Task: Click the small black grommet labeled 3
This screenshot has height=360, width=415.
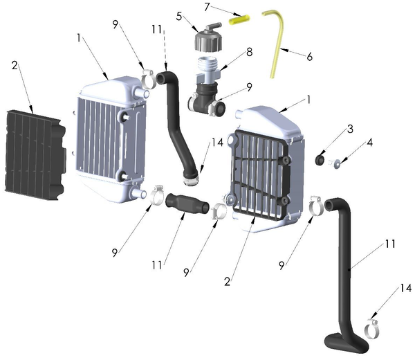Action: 320,161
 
